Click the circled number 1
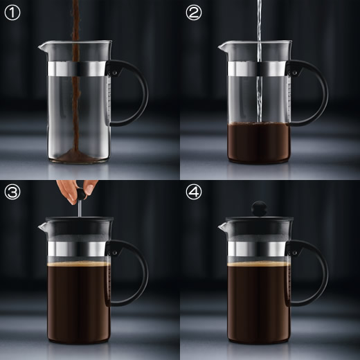coord(12,12)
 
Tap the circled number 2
coord(194,12)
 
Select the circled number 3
coord(12,192)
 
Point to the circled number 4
coord(194,192)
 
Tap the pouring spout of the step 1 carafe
coord(42,47)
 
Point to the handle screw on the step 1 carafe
coord(114,73)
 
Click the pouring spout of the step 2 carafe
coord(222,47)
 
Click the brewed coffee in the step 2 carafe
coord(258,143)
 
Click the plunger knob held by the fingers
coord(81,195)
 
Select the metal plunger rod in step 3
coord(80,208)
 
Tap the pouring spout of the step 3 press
coord(42,227)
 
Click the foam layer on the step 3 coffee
coord(78,264)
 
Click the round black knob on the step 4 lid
coord(260,208)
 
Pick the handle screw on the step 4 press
coord(294,253)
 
